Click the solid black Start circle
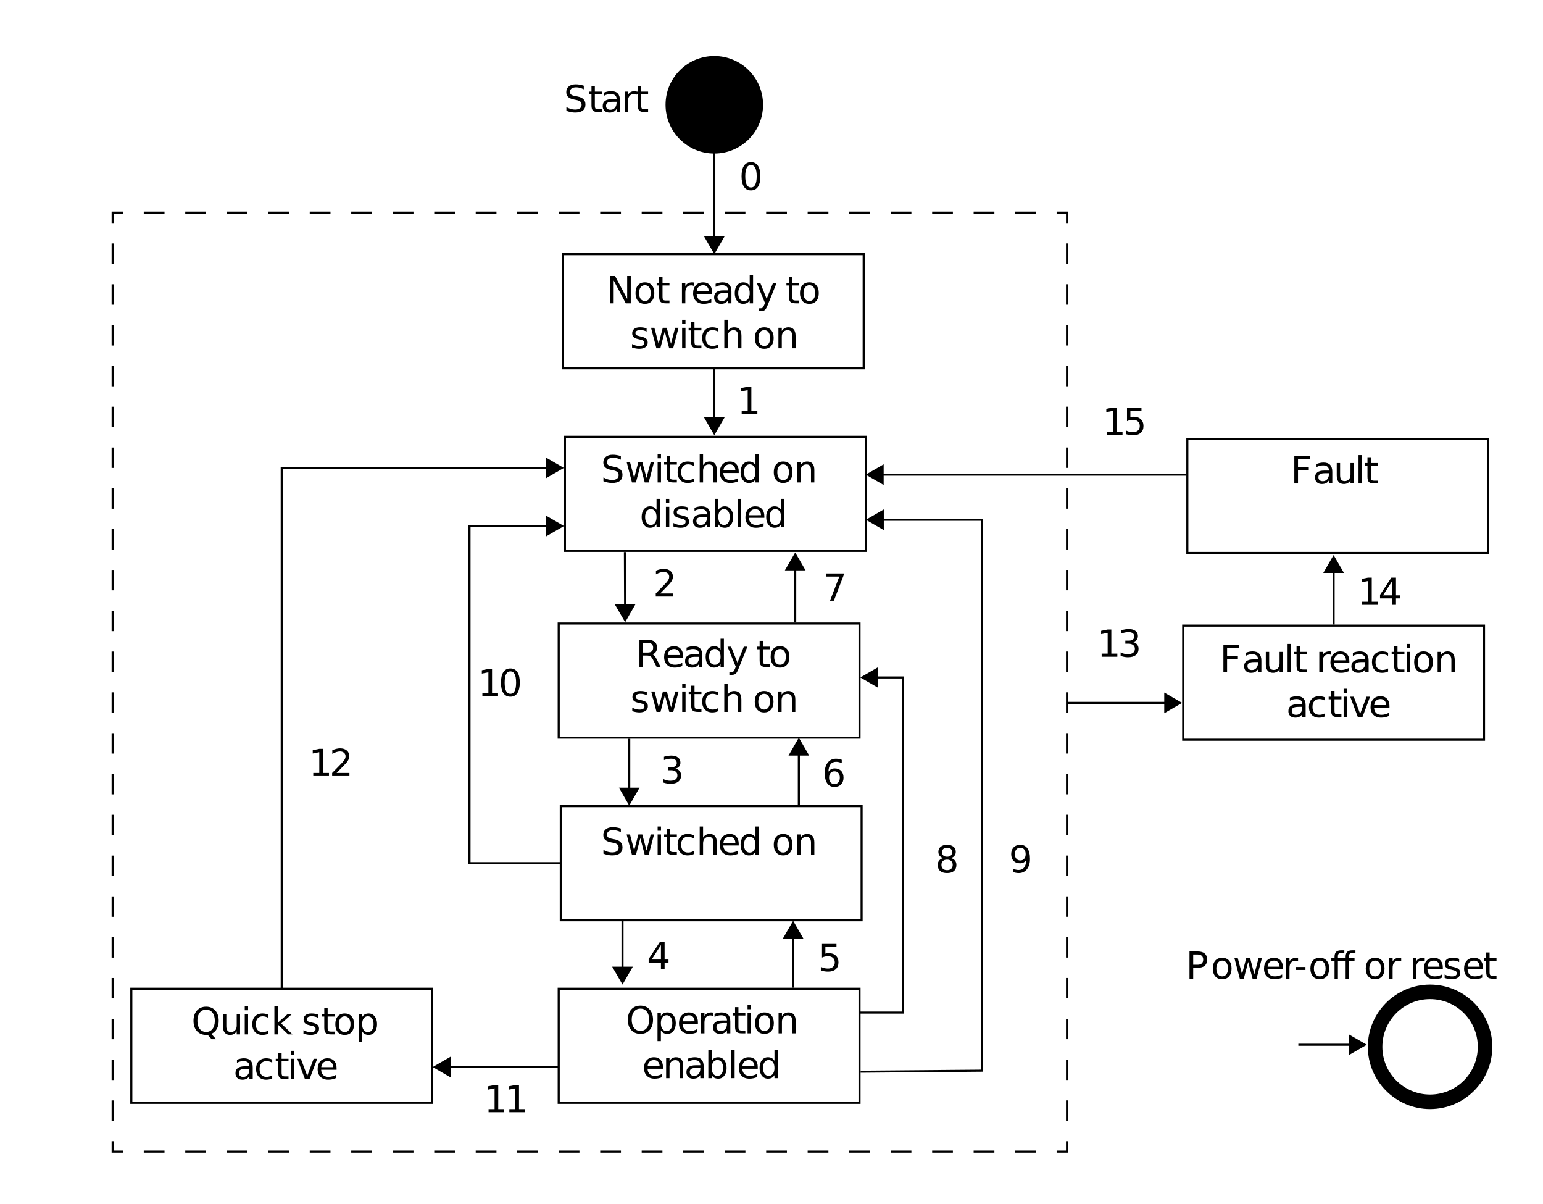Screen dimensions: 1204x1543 click(x=713, y=104)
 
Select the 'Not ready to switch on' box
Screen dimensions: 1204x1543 click(x=713, y=311)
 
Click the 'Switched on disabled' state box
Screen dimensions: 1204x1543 click(x=714, y=494)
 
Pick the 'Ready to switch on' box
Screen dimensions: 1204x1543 click(x=709, y=680)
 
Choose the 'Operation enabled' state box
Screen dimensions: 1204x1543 click(x=709, y=1046)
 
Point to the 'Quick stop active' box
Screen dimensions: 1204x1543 click(x=281, y=1046)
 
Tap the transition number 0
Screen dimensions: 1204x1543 click(x=751, y=177)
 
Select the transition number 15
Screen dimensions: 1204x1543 click(x=1123, y=422)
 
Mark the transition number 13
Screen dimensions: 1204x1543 click(x=1118, y=645)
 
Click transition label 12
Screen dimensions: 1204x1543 click(x=330, y=764)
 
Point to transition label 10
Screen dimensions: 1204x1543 click(x=499, y=684)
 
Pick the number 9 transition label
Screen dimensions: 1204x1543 click(x=1020, y=860)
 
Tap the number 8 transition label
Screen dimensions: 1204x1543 click(x=947, y=860)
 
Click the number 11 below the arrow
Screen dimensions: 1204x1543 click(x=505, y=1100)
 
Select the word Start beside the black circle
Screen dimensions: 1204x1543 click(x=605, y=99)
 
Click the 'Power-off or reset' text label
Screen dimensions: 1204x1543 click(x=1341, y=966)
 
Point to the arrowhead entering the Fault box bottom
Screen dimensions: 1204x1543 click(x=1333, y=564)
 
